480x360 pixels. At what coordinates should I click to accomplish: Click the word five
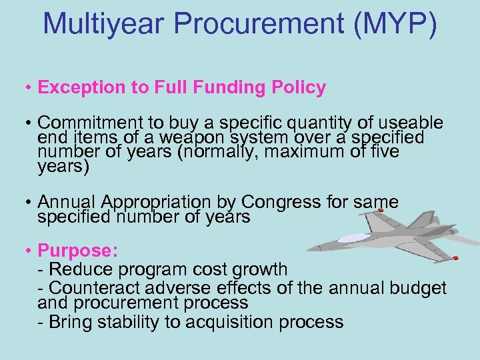point(385,151)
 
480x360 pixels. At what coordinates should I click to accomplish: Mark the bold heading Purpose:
point(78,251)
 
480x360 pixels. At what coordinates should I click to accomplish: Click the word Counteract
point(99,287)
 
